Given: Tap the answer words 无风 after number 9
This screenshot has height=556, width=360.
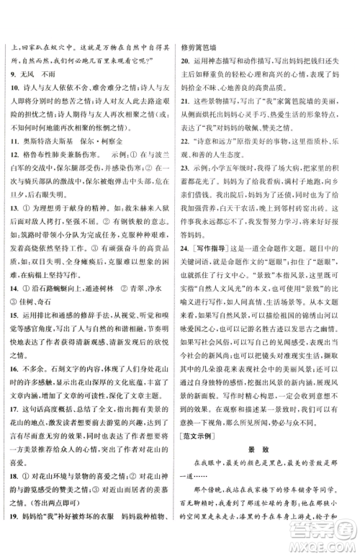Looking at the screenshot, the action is [x=31, y=73].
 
